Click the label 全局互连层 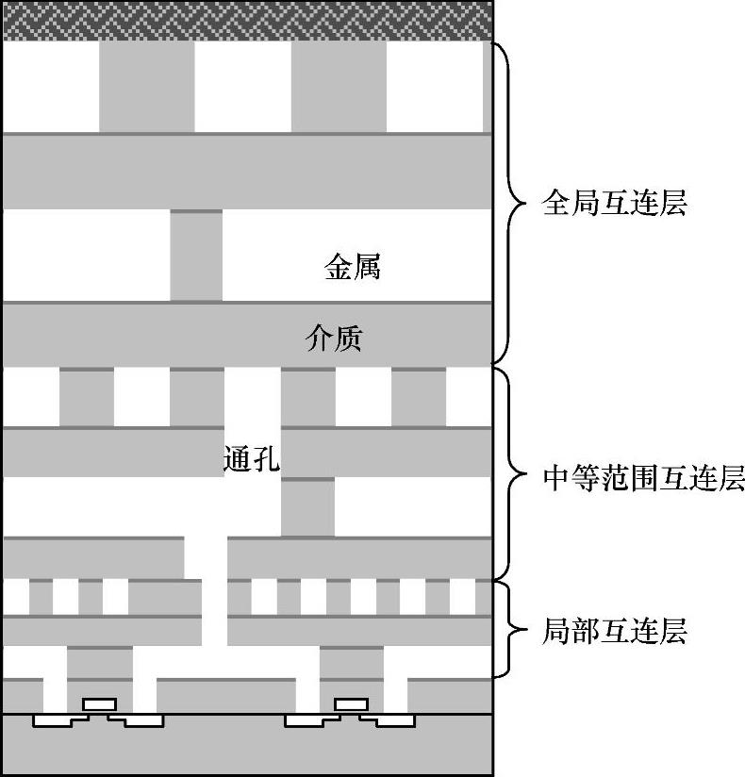click(614, 203)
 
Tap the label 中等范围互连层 click(644, 478)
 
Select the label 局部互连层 click(614, 629)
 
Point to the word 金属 click(352, 268)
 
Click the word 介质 click(334, 338)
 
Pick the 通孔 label click(252, 460)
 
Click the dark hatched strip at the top click(247, 20)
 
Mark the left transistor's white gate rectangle click(99, 703)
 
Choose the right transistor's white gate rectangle click(351, 703)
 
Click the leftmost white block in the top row click(51, 86)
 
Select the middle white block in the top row click(242, 86)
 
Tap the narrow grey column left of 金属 click(196, 255)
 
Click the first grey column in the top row click(146, 86)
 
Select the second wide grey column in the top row click(339, 86)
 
